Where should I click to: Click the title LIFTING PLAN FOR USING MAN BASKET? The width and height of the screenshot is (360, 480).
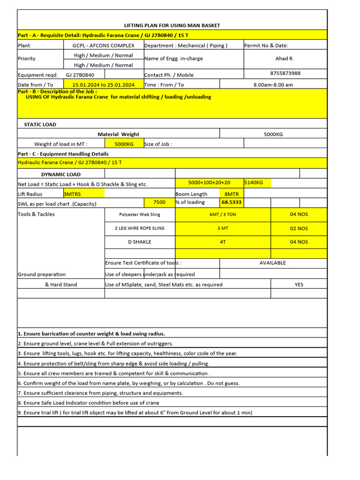pos(172,25)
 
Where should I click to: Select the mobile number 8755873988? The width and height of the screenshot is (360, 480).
pos(285,73)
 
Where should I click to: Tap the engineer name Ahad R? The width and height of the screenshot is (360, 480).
pos(285,59)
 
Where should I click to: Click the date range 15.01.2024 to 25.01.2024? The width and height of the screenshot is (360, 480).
pos(103,84)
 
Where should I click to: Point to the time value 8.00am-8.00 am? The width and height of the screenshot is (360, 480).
pos(273,84)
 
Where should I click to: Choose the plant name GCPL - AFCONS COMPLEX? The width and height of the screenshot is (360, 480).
pos(103,45)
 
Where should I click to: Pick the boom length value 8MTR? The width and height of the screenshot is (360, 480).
pos(232,194)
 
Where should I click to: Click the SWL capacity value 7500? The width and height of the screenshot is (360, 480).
pos(159,202)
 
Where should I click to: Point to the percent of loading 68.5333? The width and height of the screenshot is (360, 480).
pos(232,202)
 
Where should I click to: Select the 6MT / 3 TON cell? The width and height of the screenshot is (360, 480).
pos(223,214)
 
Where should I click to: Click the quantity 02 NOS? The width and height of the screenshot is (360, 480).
pos(299,228)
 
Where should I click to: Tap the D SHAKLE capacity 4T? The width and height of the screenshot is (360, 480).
pos(223,242)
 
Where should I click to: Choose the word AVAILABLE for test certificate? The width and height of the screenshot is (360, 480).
pos(272,263)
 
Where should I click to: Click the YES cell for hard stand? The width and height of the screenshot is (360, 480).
pos(299,285)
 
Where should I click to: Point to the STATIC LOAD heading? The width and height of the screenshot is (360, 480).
pos(40,125)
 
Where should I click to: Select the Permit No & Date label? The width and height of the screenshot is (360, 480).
pos(266,45)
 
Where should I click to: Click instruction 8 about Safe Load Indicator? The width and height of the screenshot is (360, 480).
pos(89,403)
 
